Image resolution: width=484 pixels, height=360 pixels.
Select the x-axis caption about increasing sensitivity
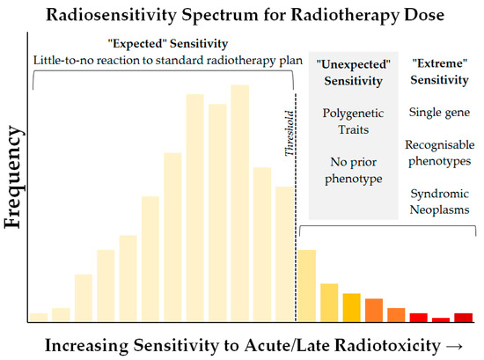click(x=241, y=342)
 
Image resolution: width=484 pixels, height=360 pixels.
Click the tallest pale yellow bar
click(x=239, y=203)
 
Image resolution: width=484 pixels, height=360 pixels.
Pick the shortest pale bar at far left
click(x=39, y=317)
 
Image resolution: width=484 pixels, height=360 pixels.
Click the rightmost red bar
click(x=464, y=317)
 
